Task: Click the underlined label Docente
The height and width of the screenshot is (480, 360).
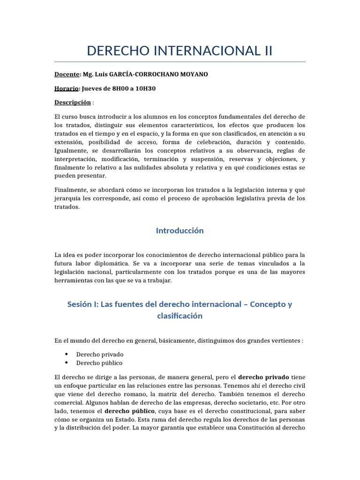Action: coord(67,75)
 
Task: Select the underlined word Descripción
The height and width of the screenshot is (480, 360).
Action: coord(73,102)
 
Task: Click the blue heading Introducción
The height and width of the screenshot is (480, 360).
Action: coord(180,231)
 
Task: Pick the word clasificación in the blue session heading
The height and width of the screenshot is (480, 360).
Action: coord(180,315)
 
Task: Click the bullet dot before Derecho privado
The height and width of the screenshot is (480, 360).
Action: coord(67,354)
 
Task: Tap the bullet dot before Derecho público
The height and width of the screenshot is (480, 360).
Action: coord(67,363)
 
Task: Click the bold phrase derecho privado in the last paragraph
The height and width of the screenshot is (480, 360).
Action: coord(264,377)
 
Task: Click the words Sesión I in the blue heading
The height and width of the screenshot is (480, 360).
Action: coord(83,304)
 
